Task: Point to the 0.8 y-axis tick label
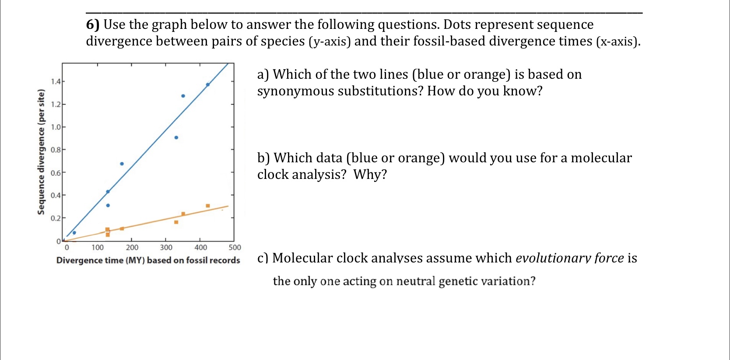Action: [55, 150]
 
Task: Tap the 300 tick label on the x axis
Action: [166, 248]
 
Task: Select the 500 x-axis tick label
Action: [235, 248]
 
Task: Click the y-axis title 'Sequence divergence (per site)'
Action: [41, 152]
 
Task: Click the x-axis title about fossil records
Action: [148, 260]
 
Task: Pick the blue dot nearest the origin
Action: [74, 233]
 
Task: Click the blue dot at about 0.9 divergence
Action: [176, 137]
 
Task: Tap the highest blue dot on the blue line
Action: [207, 84]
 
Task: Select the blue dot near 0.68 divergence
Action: [122, 164]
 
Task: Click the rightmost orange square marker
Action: [207, 206]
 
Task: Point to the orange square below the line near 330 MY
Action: [176, 222]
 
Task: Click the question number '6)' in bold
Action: [93, 24]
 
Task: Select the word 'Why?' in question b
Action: [370, 175]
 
